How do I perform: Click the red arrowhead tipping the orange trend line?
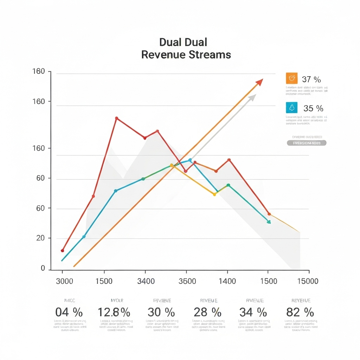(x=259, y=82)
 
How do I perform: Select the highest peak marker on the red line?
(x=116, y=118)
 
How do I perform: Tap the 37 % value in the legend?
(x=311, y=79)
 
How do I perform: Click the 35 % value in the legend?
(x=313, y=108)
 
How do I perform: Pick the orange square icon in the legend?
(x=292, y=78)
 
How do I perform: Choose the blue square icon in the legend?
(x=292, y=107)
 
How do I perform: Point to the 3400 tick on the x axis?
(x=145, y=281)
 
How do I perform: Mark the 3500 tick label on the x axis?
(x=187, y=281)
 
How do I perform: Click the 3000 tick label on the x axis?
(x=65, y=281)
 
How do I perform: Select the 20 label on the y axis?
(x=41, y=238)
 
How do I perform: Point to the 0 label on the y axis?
(x=43, y=268)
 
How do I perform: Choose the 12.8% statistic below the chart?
(x=114, y=312)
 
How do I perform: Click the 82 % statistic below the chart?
(x=299, y=312)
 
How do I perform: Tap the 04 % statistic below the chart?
(x=69, y=312)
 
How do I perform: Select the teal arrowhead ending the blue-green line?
(x=269, y=222)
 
